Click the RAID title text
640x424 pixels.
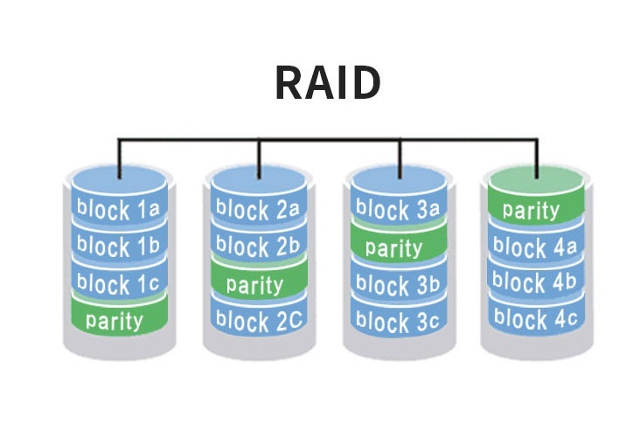point(327,83)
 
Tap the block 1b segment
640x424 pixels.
point(118,247)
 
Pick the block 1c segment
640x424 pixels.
point(118,284)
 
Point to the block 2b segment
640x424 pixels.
point(258,247)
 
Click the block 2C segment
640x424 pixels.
point(258,321)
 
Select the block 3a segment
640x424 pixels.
point(399,210)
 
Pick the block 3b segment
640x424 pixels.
point(399,285)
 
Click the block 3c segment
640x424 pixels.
point(399,322)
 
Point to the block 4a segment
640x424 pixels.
point(535,247)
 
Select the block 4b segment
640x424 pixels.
point(535,283)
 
